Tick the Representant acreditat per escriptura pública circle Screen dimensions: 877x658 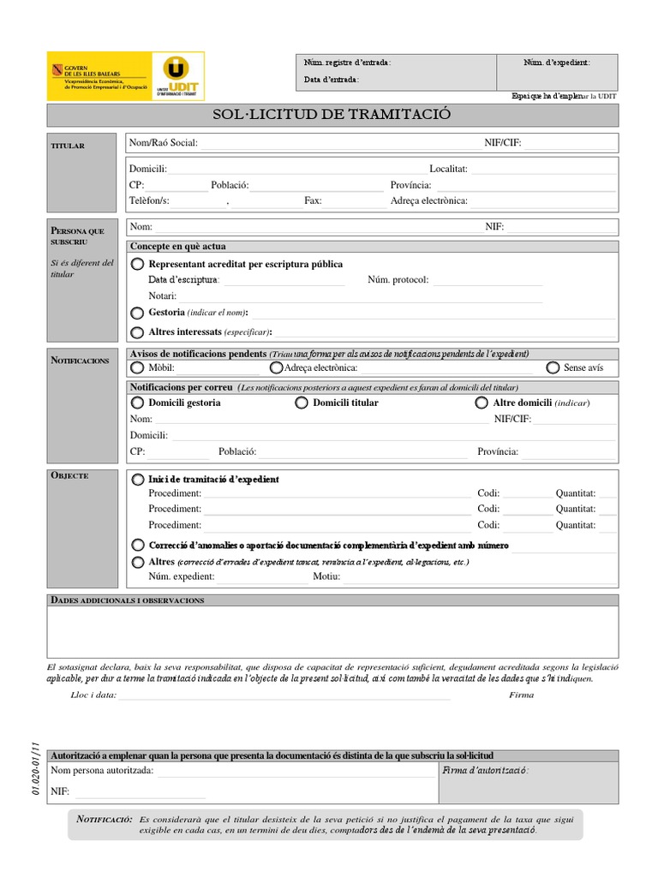point(138,265)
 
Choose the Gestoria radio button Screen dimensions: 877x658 point(138,313)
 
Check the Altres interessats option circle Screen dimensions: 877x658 point(138,332)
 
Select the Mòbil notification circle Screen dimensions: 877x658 point(138,368)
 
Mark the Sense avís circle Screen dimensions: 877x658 point(553,368)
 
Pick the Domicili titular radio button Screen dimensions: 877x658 point(302,403)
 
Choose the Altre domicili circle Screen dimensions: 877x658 point(482,403)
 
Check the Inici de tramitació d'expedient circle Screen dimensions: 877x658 point(138,480)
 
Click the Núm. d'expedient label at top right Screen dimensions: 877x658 point(557,63)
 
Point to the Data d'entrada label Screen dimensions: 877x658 point(332,80)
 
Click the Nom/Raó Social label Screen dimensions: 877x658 point(163,143)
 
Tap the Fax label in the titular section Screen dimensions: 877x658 point(313,201)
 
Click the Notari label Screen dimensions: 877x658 point(162,295)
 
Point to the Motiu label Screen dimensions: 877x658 point(326,577)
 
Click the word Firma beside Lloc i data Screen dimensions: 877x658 point(521,695)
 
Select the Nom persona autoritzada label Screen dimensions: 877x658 point(103,772)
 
